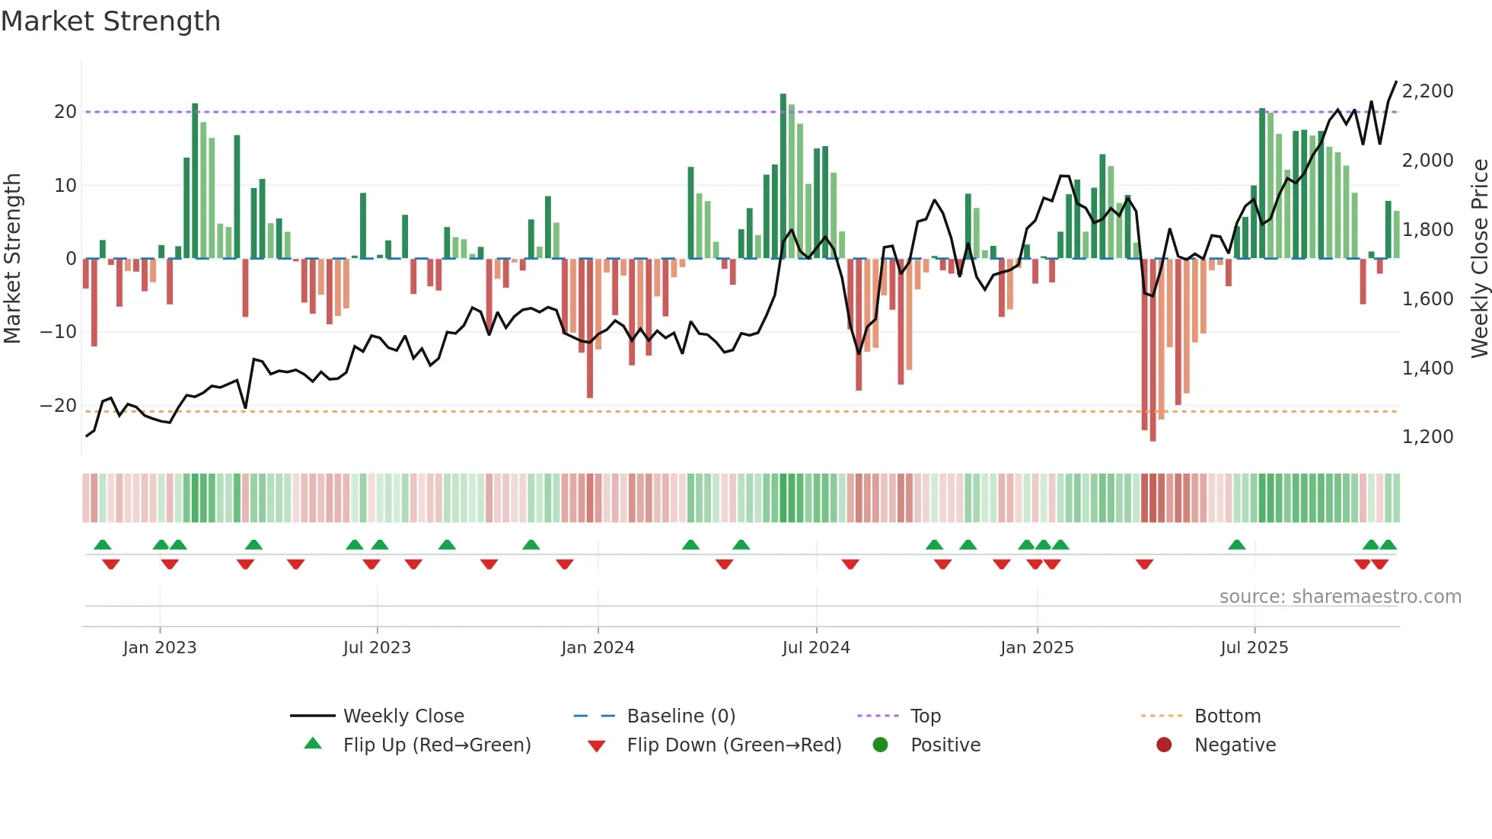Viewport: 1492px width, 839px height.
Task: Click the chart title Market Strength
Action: pyautogui.click(x=110, y=21)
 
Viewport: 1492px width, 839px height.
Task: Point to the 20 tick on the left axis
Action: pyautogui.click(x=65, y=112)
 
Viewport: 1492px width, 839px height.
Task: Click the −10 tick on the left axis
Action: pyautogui.click(x=59, y=332)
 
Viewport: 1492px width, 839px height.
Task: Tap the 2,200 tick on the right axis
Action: pyautogui.click(x=1427, y=91)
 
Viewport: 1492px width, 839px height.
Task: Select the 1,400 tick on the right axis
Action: pyautogui.click(x=1427, y=368)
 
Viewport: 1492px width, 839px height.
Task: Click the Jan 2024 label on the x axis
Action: pyautogui.click(x=598, y=648)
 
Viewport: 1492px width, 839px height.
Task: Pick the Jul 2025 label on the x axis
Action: pyautogui.click(x=1254, y=648)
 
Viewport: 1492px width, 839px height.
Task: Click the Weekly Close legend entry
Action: pyautogui.click(x=403, y=716)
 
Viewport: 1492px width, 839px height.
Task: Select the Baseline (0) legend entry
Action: pyautogui.click(x=681, y=716)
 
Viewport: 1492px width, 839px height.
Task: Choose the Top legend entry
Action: pyautogui.click(x=925, y=716)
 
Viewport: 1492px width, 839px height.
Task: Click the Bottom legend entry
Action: pyautogui.click(x=1227, y=716)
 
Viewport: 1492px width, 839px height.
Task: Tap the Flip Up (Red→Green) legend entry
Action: pyautogui.click(x=436, y=745)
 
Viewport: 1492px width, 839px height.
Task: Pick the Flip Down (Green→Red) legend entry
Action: pyautogui.click(x=734, y=745)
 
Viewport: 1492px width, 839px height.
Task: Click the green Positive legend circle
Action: pyautogui.click(x=881, y=745)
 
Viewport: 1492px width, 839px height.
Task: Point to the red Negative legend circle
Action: pyautogui.click(x=1164, y=745)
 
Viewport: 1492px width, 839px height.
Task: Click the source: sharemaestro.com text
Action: pyautogui.click(x=1340, y=597)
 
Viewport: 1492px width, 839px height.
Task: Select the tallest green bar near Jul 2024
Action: pyautogui.click(x=783, y=175)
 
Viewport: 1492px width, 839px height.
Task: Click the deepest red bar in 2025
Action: pyautogui.click(x=1152, y=350)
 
